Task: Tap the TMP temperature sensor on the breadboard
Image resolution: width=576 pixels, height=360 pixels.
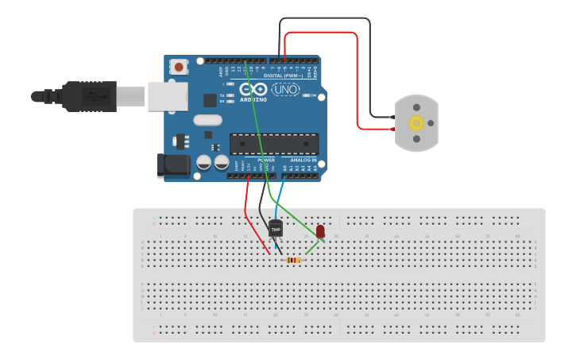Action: (x=276, y=229)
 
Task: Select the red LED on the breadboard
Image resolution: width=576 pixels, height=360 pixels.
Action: (x=320, y=231)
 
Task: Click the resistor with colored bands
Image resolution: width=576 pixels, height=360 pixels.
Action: (x=294, y=260)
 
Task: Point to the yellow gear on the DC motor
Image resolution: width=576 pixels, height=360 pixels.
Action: (x=416, y=123)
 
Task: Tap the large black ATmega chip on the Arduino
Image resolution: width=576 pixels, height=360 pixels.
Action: (x=274, y=144)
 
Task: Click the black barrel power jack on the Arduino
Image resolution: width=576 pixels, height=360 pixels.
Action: (x=173, y=165)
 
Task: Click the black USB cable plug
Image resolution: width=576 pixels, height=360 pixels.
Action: (x=87, y=96)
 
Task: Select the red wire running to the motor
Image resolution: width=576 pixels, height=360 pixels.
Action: (x=357, y=79)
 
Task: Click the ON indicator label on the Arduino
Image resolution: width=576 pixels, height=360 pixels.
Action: (x=312, y=96)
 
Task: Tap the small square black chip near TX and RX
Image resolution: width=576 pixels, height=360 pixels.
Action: (x=209, y=99)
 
